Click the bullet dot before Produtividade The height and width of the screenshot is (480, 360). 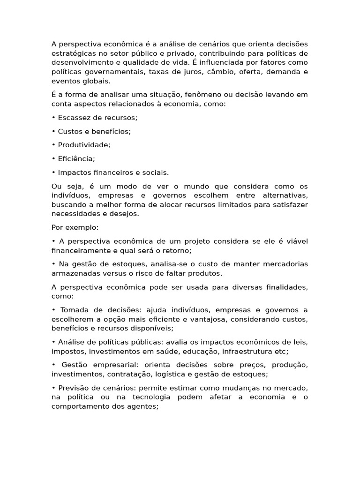53,145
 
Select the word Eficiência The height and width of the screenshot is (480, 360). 76,158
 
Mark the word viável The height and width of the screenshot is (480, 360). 296,241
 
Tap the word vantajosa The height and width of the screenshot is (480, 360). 220,319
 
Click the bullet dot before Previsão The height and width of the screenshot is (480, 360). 53,388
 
